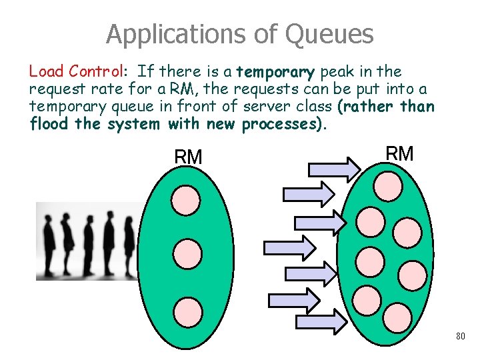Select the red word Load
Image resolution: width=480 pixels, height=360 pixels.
[46, 71]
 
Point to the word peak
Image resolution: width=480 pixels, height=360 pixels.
[338, 71]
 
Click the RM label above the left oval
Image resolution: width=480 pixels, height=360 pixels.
[188, 157]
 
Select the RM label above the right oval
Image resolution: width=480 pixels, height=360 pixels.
[400, 154]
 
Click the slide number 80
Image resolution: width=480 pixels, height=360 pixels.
[461, 336]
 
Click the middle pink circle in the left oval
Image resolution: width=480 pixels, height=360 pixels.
[187, 253]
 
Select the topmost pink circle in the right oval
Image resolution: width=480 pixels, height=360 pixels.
[387, 186]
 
